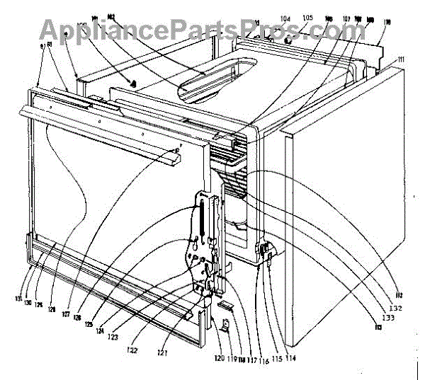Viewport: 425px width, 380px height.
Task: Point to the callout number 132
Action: click(x=395, y=307)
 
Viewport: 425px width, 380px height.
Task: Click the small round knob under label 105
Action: click(x=288, y=40)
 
